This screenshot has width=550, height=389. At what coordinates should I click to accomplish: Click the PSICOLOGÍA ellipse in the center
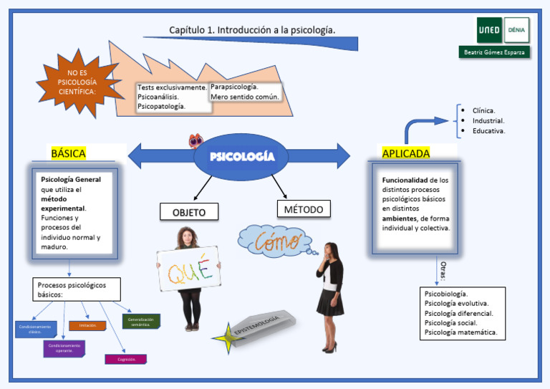[x=241, y=157]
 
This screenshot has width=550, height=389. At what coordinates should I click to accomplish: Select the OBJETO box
[x=188, y=212]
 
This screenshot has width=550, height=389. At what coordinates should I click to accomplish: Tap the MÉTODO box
[x=303, y=209]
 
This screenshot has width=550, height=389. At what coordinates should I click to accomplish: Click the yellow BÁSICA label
[x=69, y=153]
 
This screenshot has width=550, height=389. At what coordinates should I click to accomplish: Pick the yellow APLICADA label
[x=406, y=153]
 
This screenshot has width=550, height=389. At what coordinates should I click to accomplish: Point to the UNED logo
[x=489, y=30]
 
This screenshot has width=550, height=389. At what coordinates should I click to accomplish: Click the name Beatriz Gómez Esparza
[x=494, y=52]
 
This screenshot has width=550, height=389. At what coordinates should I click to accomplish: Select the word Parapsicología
[x=234, y=86]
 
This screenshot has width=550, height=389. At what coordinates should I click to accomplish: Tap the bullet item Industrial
[x=488, y=121]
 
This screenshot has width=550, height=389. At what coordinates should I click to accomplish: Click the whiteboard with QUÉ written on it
[x=188, y=269]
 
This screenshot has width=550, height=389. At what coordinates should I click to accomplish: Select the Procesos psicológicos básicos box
[x=77, y=289]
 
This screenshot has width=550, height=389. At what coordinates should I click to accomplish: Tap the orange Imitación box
[x=88, y=325]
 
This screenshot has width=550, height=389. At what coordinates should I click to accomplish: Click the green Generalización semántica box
[x=141, y=322]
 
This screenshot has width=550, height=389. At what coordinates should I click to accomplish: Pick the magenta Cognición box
[x=126, y=359]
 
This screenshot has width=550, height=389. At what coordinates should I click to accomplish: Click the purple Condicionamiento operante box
[x=64, y=349]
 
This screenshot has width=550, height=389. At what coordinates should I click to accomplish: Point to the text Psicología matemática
[x=460, y=332]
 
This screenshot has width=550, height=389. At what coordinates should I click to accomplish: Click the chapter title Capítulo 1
[x=252, y=30]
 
